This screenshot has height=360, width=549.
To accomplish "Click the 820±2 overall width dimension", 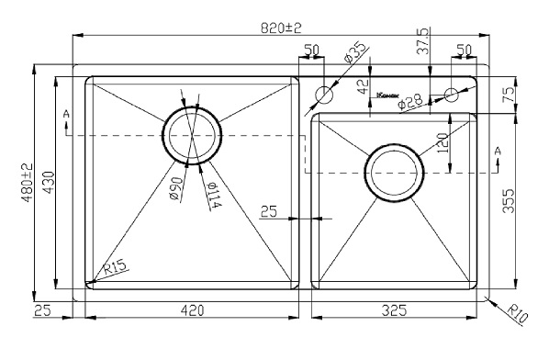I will [281, 28].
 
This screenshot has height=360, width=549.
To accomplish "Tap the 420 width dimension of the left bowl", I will [191, 311].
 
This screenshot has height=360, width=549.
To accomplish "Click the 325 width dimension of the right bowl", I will [395, 311].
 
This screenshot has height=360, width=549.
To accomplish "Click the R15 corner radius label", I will [114, 269].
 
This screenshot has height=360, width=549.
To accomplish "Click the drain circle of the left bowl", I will [192, 134].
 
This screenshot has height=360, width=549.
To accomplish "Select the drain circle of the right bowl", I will [395, 171].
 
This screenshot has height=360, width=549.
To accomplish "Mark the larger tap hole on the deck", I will [323, 95].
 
